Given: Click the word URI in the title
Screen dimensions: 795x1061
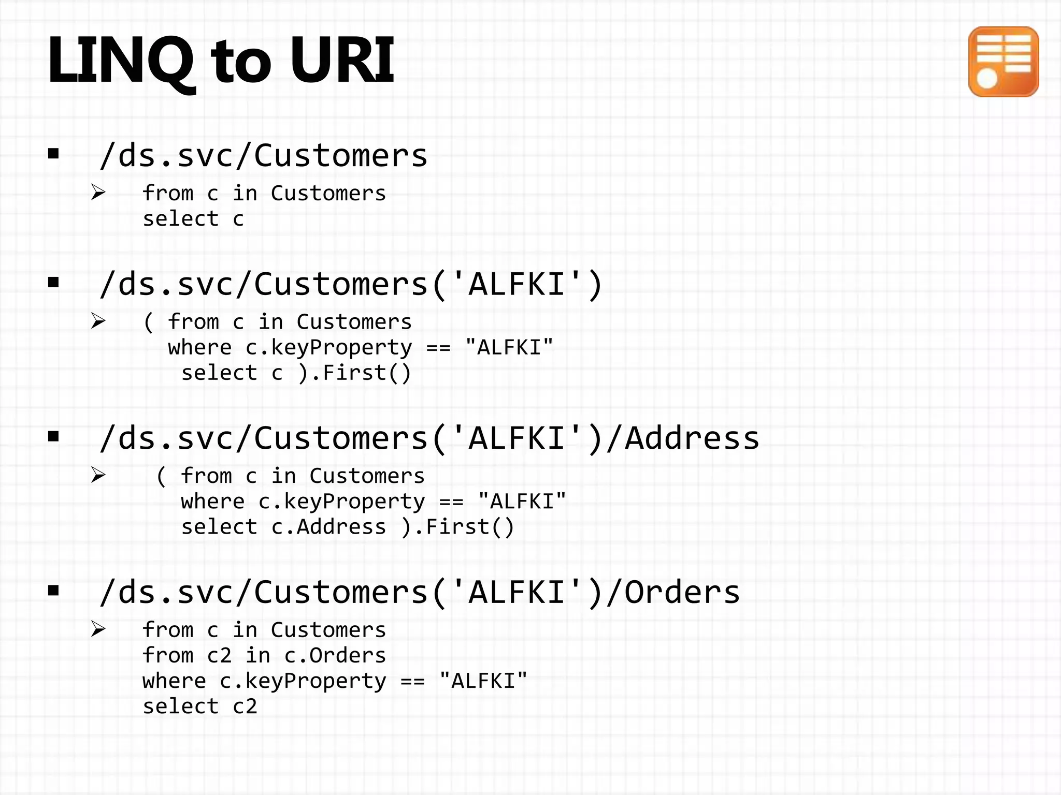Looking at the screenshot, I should click(342, 60).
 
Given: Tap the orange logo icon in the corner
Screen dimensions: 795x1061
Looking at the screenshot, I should click(1003, 62).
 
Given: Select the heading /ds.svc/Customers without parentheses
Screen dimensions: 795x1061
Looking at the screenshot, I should click(263, 156).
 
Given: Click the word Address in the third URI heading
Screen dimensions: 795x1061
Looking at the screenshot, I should click(692, 438).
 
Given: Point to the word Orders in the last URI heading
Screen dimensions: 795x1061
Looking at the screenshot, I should click(682, 592).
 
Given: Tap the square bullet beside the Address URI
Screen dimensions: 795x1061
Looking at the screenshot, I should click(53, 437).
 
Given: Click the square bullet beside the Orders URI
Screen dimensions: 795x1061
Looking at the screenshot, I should click(53, 591).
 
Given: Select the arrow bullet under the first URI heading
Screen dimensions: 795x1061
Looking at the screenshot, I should click(98, 193).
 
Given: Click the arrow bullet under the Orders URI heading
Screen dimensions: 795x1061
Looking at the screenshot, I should click(98, 629).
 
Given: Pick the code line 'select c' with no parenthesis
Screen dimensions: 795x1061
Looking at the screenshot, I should click(193, 219).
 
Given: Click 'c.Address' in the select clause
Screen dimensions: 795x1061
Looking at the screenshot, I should click(328, 527).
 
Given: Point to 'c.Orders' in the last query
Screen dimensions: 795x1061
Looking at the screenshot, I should click(335, 656).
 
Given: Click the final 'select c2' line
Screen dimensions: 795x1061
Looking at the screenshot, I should click(199, 706).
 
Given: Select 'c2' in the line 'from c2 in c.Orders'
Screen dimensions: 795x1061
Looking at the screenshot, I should click(219, 656).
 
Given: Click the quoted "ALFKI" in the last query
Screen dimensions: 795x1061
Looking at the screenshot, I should click(483, 681).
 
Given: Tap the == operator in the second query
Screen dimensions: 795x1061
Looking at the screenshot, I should click(438, 348).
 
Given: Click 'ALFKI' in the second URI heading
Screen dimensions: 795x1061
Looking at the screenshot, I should click(516, 285).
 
